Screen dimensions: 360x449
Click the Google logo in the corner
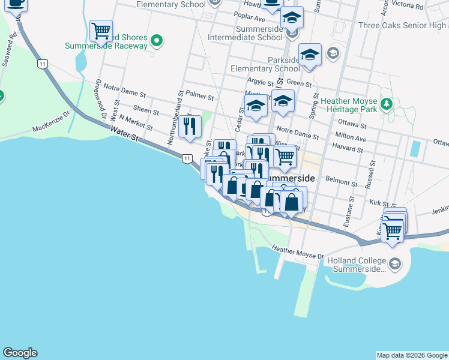point(20,353)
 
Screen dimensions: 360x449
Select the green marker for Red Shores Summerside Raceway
point(157,41)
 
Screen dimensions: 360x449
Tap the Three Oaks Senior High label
point(402,25)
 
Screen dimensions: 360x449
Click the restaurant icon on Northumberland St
point(190,127)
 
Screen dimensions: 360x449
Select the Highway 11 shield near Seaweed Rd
point(41,64)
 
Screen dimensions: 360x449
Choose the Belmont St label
point(337,179)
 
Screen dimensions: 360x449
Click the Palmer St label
point(200,95)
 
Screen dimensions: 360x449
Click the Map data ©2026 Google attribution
point(412,355)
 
